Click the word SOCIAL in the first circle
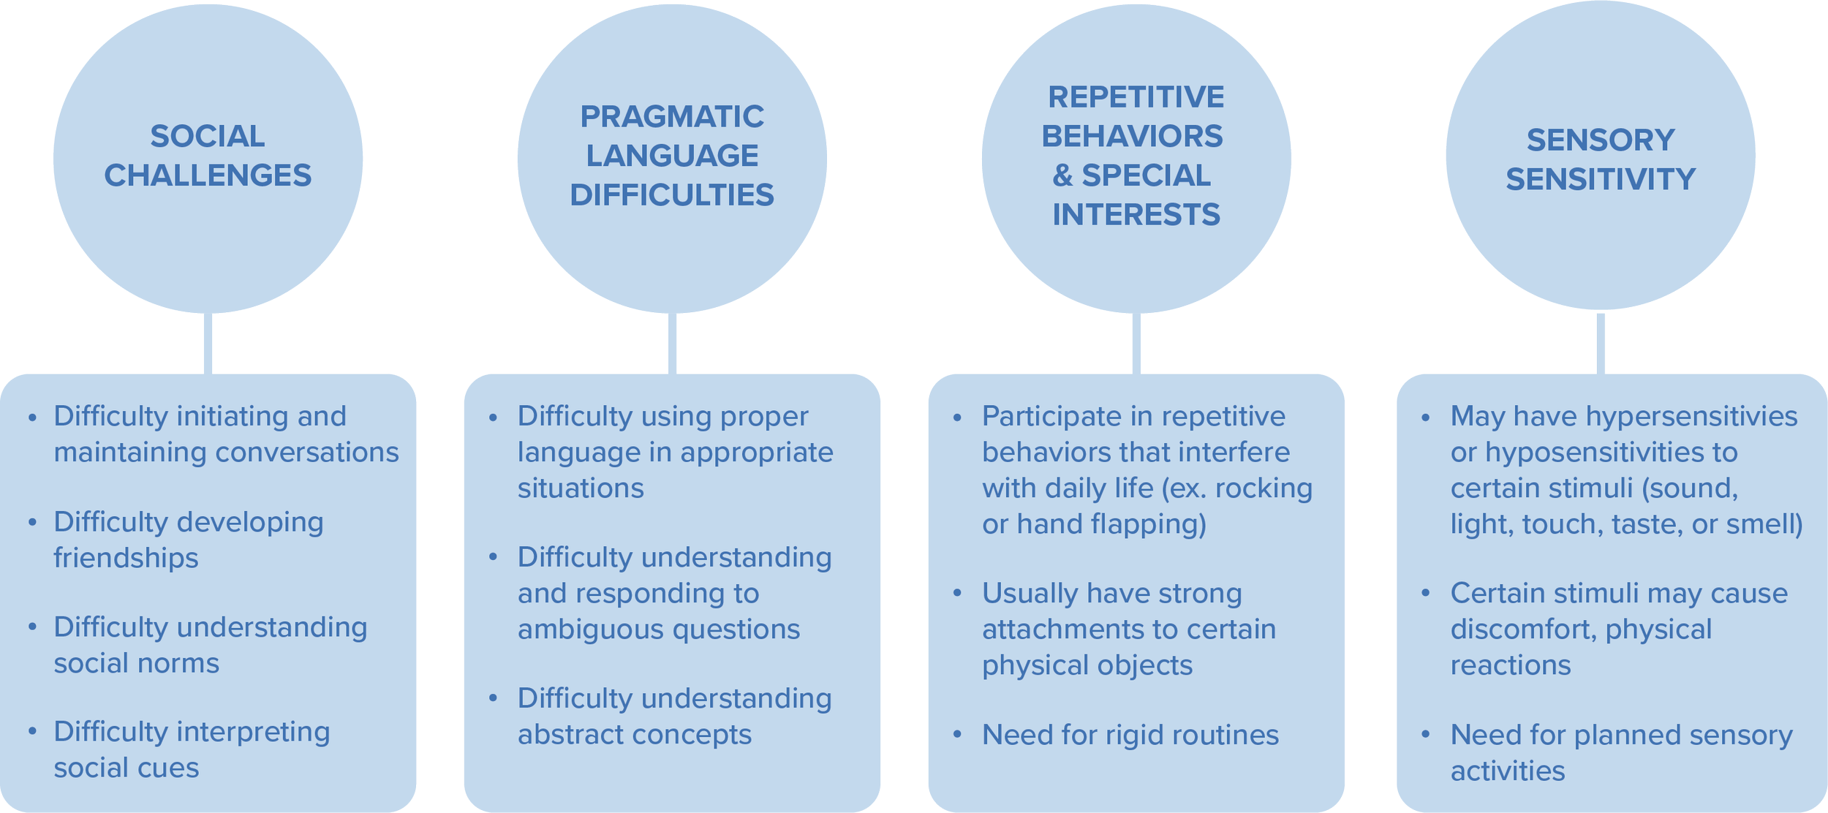point(208,137)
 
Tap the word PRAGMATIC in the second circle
point(672,117)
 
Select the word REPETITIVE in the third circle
point(1136,97)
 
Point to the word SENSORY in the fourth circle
point(1601,140)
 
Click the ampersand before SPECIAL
point(1062,175)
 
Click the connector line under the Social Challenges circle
point(208,344)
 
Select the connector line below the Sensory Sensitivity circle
point(1601,342)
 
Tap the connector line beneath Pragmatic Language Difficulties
point(673,344)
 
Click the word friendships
point(126,558)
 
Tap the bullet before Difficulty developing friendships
point(32,523)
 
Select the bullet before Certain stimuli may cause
point(1425,594)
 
